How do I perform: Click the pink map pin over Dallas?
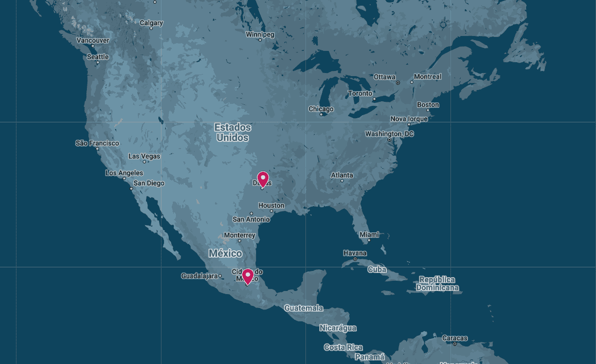263,179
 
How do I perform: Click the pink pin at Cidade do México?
248,276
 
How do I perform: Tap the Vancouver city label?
93,40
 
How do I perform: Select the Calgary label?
151,23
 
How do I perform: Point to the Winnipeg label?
260,34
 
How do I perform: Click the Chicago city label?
321,109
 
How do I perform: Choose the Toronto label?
360,94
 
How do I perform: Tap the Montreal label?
427,77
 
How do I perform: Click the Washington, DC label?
389,134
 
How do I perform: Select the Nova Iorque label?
409,119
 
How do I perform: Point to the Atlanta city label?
342,175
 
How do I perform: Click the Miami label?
369,234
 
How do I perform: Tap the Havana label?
355,253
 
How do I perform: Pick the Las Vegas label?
144,156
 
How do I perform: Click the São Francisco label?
97,143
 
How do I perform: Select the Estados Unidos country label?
233,132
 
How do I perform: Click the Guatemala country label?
303,308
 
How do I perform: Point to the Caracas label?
455,338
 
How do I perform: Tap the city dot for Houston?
272,211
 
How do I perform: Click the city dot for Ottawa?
398,83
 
